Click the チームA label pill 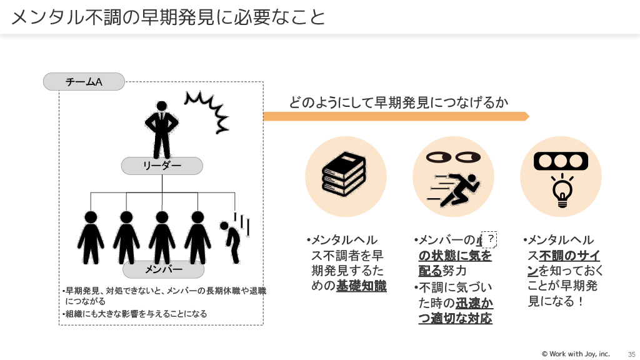pos(84,81)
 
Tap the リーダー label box pos(162,166)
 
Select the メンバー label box pos(163,269)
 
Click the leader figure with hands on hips pos(162,128)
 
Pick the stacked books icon pos(344,175)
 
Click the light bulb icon pos(561,190)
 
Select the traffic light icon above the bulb pos(561,161)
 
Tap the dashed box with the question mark pos(491,239)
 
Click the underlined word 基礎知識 pos(361,286)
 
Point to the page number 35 pos(631,354)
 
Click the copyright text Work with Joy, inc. pos(575,354)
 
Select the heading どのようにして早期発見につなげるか pos(398,102)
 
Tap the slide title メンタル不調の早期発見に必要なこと pos(168,17)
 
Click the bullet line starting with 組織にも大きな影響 pos(136,314)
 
